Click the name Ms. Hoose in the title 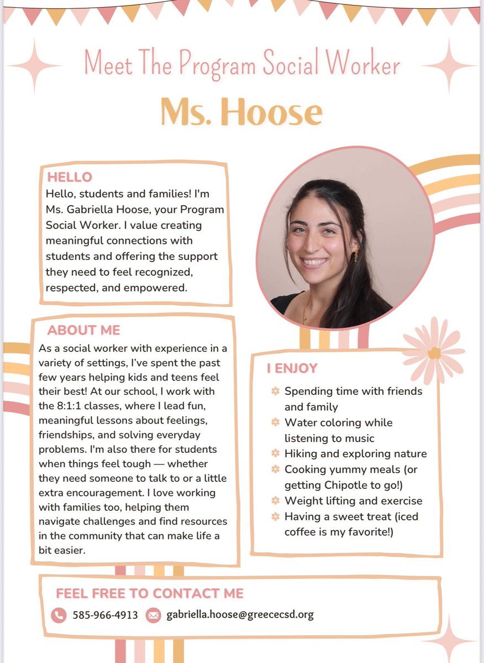coord(241,112)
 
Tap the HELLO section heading coord(70,178)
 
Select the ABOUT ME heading coord(83,330)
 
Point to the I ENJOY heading coord(292,368)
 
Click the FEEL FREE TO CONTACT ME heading coord(150,593)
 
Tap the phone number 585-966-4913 coord(105,615)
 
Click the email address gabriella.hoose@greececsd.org coord(240,615)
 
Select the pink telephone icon coord(58,615)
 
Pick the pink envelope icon coord(153,615)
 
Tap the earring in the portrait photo coord(356,255)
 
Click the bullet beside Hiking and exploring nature coord(275,453)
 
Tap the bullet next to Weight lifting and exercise coord(275,501)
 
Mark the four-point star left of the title coord(34,65)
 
